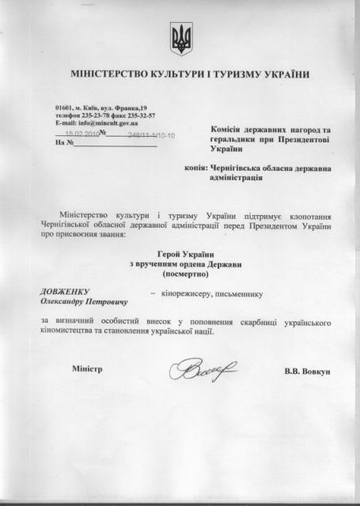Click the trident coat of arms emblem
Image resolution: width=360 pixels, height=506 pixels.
tap(180, 36)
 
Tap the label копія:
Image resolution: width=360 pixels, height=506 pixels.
tap(194, 168)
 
